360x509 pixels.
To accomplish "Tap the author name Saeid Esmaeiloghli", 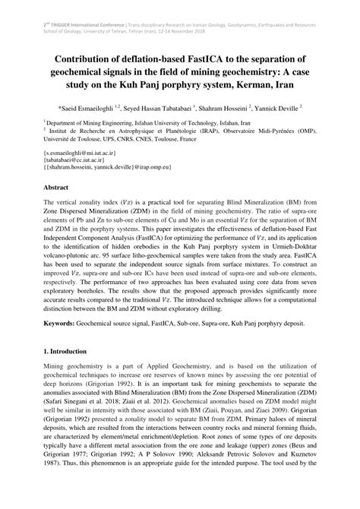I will click(x=96, y=109).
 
